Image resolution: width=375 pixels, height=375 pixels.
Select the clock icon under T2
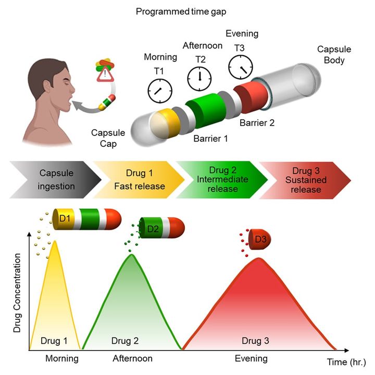click(200, 77)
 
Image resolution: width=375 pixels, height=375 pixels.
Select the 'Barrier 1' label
click(209, 139)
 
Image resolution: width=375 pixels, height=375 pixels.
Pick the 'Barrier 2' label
click(257, 123)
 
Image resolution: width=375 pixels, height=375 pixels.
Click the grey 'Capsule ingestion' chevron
click(55, 180)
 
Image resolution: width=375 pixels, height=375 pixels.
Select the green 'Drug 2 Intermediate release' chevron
click(222, 180)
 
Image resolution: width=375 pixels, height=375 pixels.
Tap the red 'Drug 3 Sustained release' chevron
click(309, 180)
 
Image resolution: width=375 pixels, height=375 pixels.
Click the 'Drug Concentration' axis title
click(17, 293)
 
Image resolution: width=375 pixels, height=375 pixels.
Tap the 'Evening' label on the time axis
click(252, 358)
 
